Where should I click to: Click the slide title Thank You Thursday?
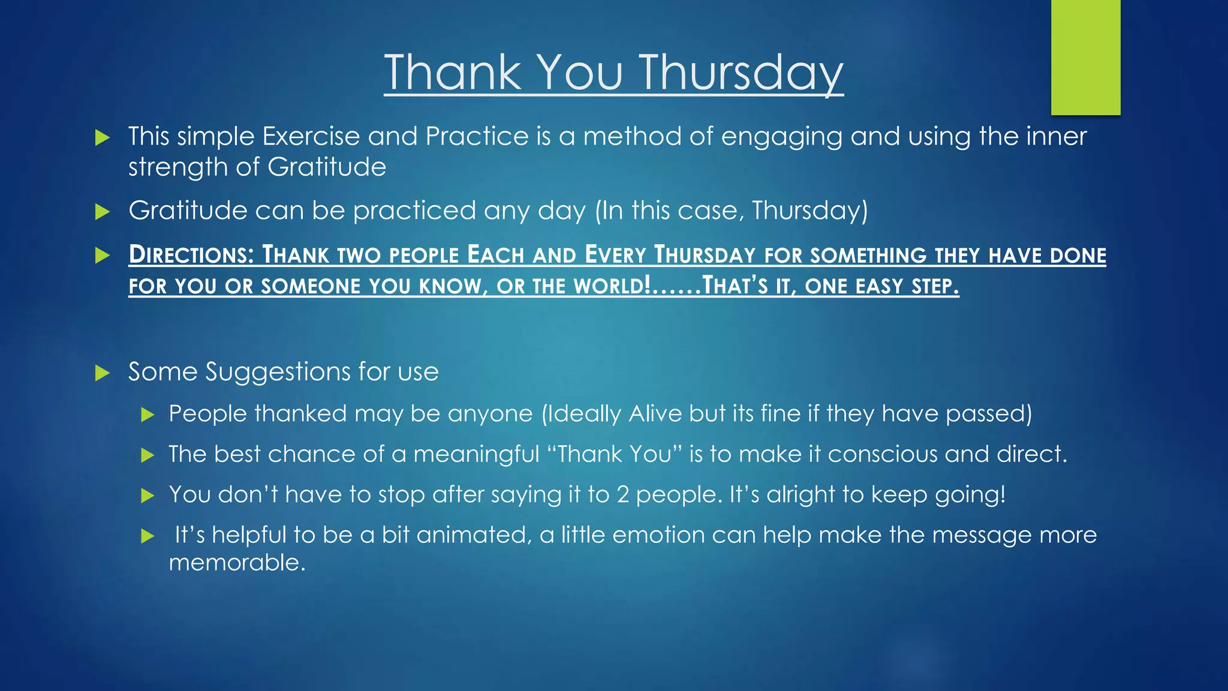[613, 73]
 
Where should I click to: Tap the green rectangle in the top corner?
[1085, 57]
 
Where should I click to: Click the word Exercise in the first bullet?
[311, 137]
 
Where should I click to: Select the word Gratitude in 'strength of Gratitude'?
[327, 167]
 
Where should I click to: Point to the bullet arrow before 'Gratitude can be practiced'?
[103, 212]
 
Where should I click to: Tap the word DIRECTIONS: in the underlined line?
[191, 256]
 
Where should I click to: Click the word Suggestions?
[278, 372]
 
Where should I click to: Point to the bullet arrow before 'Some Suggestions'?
[103, 374]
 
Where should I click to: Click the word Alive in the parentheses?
[655, 414]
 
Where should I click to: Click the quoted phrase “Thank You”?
[615, 454]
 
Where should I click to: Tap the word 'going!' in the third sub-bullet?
[970, 495]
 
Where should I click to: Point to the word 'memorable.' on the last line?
[237, 563]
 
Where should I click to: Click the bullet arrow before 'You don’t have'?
[148, 495]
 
